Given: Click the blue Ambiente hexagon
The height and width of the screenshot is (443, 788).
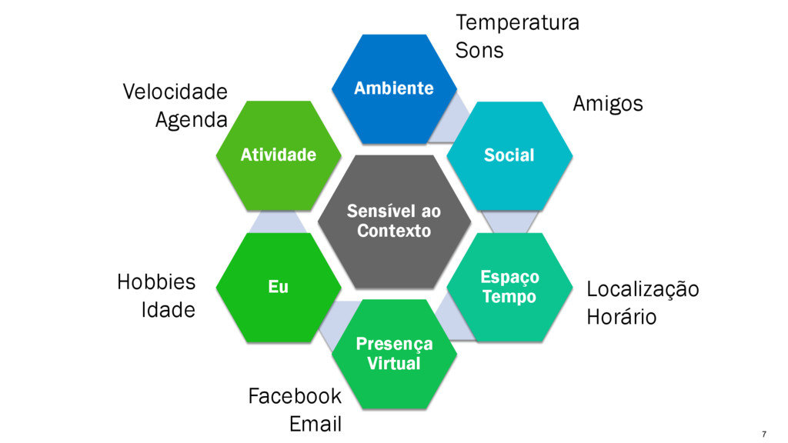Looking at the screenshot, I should click(393, 88).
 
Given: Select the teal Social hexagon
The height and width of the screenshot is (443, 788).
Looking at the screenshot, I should click(509, 155).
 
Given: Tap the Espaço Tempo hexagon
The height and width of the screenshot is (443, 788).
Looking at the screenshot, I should click(509, 287).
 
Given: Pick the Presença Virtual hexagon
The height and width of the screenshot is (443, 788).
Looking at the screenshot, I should click(393, 354).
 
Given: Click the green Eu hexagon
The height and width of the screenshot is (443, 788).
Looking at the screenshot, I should click(278, 287).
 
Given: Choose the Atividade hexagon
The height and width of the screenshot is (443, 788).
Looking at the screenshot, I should click(278, 155).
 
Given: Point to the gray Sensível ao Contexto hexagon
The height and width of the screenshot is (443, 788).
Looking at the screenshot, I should click(393, 221).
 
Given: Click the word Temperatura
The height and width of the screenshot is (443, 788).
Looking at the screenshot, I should click(516, 22).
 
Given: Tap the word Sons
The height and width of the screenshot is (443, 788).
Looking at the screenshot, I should click(479, 51).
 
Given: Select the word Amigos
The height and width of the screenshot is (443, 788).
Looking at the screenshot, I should click(607, 104).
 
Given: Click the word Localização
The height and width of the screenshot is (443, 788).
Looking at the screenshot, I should click(643, 290).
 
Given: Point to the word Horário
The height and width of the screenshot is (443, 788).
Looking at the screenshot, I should click(621, 317).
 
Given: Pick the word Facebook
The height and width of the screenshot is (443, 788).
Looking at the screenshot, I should click(294, 397).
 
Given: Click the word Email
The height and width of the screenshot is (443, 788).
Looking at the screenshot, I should click(315, 424).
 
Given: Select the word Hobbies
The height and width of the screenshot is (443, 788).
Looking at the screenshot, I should click(155, 283).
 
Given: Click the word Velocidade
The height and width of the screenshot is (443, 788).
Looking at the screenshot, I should click(175, 92).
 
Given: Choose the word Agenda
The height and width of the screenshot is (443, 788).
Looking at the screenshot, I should click(191, 120).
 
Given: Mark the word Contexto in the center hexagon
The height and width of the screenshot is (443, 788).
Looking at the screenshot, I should click(393, 231).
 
